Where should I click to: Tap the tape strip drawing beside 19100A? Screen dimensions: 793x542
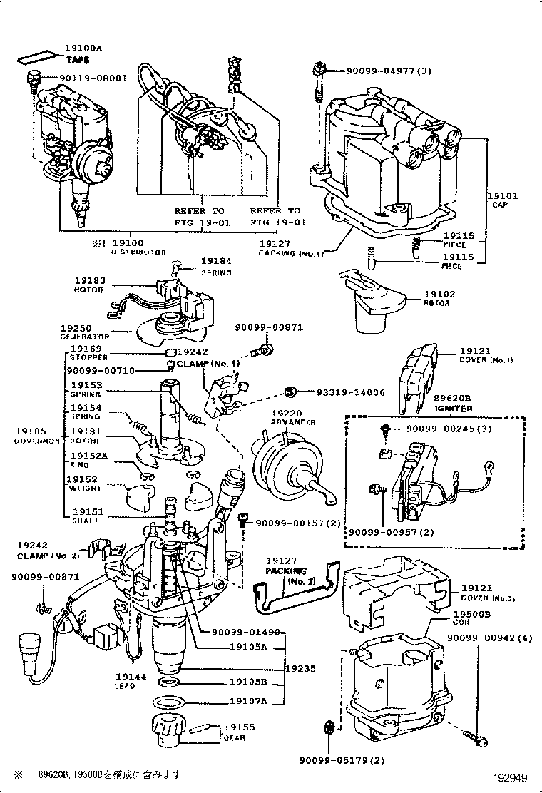coord(38,56)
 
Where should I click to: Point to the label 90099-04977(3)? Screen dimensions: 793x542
coord(389,71)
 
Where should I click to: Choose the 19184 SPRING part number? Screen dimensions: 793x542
coord(215,262)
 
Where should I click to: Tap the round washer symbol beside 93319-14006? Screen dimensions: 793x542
coord(290,391)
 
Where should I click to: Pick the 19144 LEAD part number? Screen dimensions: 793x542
coord(131,677)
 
